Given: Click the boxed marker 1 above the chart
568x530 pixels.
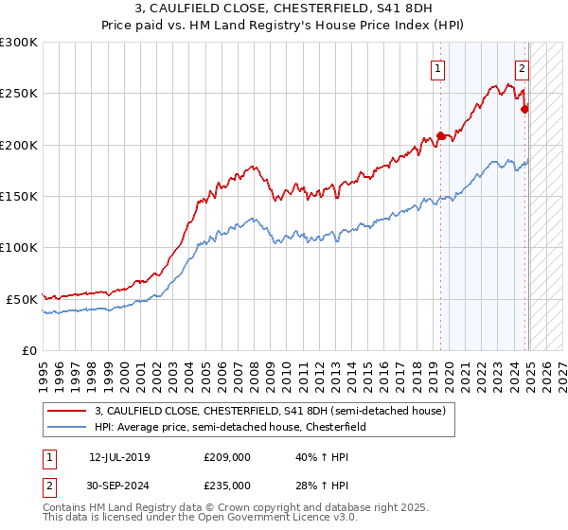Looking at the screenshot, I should tap(438, 67).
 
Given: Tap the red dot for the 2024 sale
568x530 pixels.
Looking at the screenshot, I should tap(525, 108).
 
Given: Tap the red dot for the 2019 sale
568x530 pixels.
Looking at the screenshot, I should tap(440, 135).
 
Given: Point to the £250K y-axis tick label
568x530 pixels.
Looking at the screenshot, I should tap(19, 94).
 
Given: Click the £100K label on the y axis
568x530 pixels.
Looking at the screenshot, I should tap(19, 247).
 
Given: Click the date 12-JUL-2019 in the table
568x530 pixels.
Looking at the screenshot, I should tap(119, 457).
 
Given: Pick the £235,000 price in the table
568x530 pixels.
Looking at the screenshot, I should tap(226, 485).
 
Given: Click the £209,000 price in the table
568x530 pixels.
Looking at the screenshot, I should tap(226, 457).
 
